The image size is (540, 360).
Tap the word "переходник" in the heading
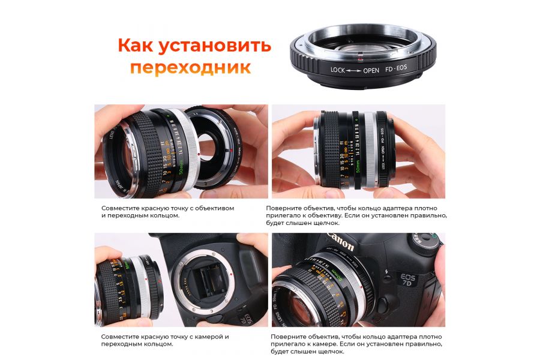[190, 67]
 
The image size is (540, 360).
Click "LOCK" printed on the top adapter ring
[338, 70]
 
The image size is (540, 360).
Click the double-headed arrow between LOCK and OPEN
[355, 70]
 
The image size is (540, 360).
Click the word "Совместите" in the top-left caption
[121, 208]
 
